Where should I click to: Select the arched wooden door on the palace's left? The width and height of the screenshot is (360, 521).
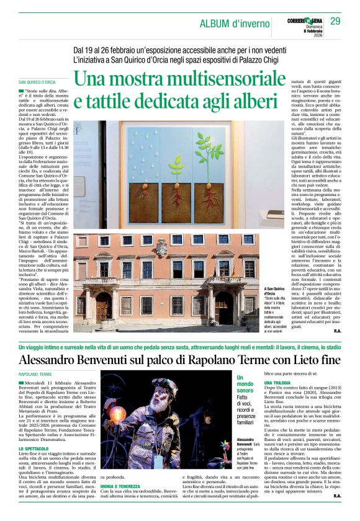104,308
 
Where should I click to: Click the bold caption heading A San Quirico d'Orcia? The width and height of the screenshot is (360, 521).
296,290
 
